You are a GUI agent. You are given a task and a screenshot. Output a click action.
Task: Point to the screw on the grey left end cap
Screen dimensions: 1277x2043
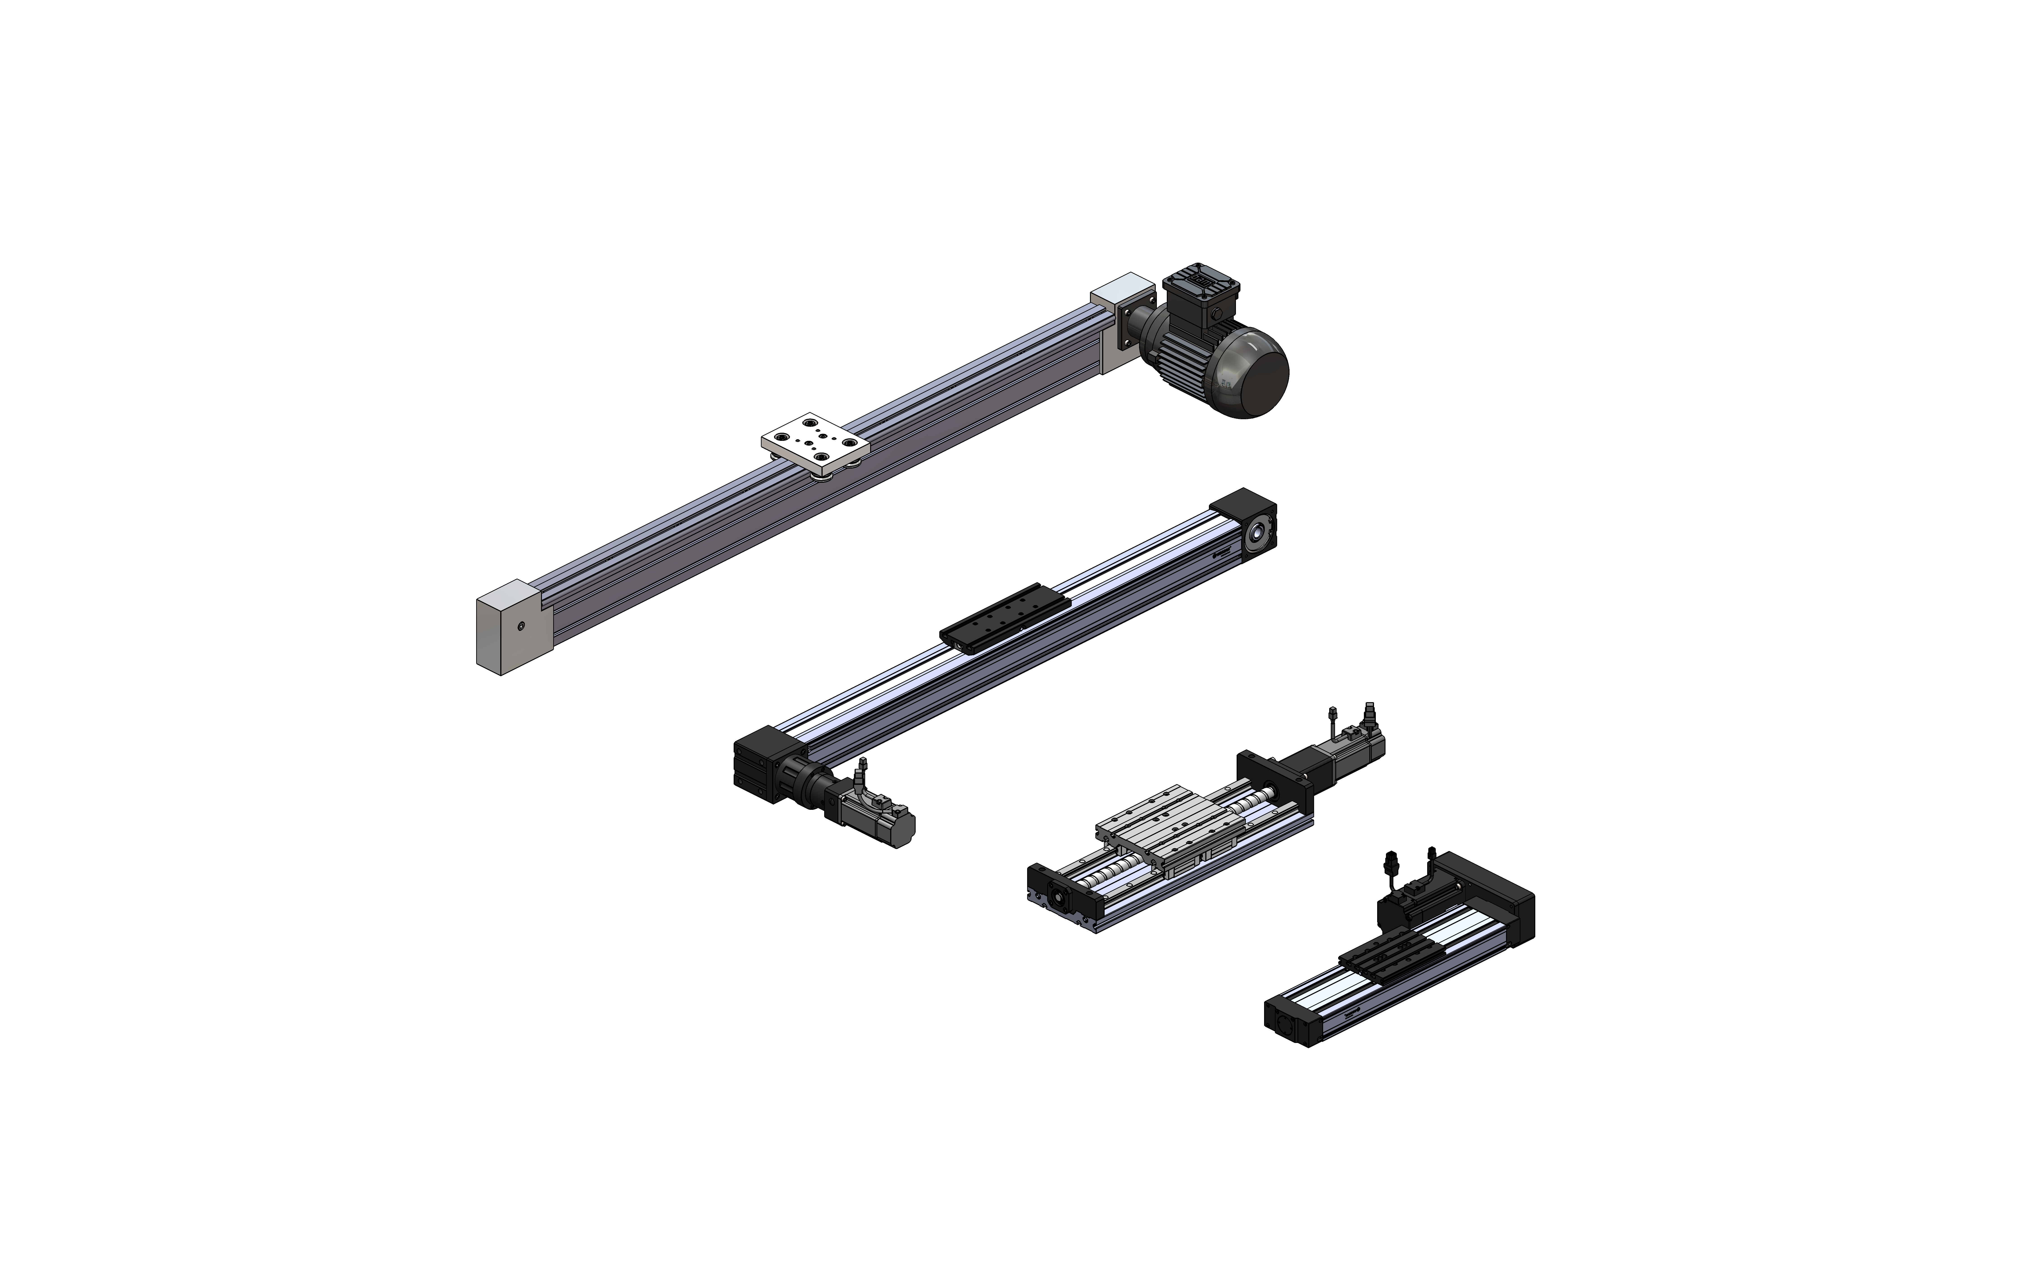pyautogui.click(x=521, y=626)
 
